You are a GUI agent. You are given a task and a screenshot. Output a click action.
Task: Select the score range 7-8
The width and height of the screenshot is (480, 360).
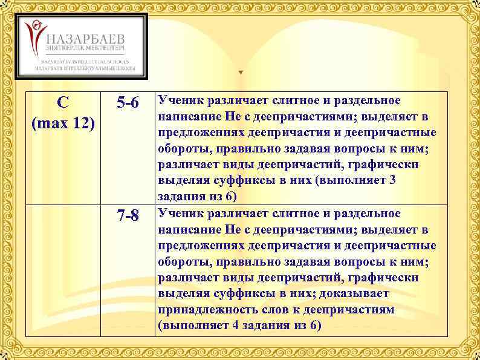(128, 216)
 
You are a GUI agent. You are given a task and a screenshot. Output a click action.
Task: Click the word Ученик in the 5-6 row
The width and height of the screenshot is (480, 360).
(180, 99)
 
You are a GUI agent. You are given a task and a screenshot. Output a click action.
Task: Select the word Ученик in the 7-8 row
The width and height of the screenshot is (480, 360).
(180, 213)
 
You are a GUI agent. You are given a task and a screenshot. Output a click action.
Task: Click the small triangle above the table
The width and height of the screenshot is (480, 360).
(241, 72)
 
